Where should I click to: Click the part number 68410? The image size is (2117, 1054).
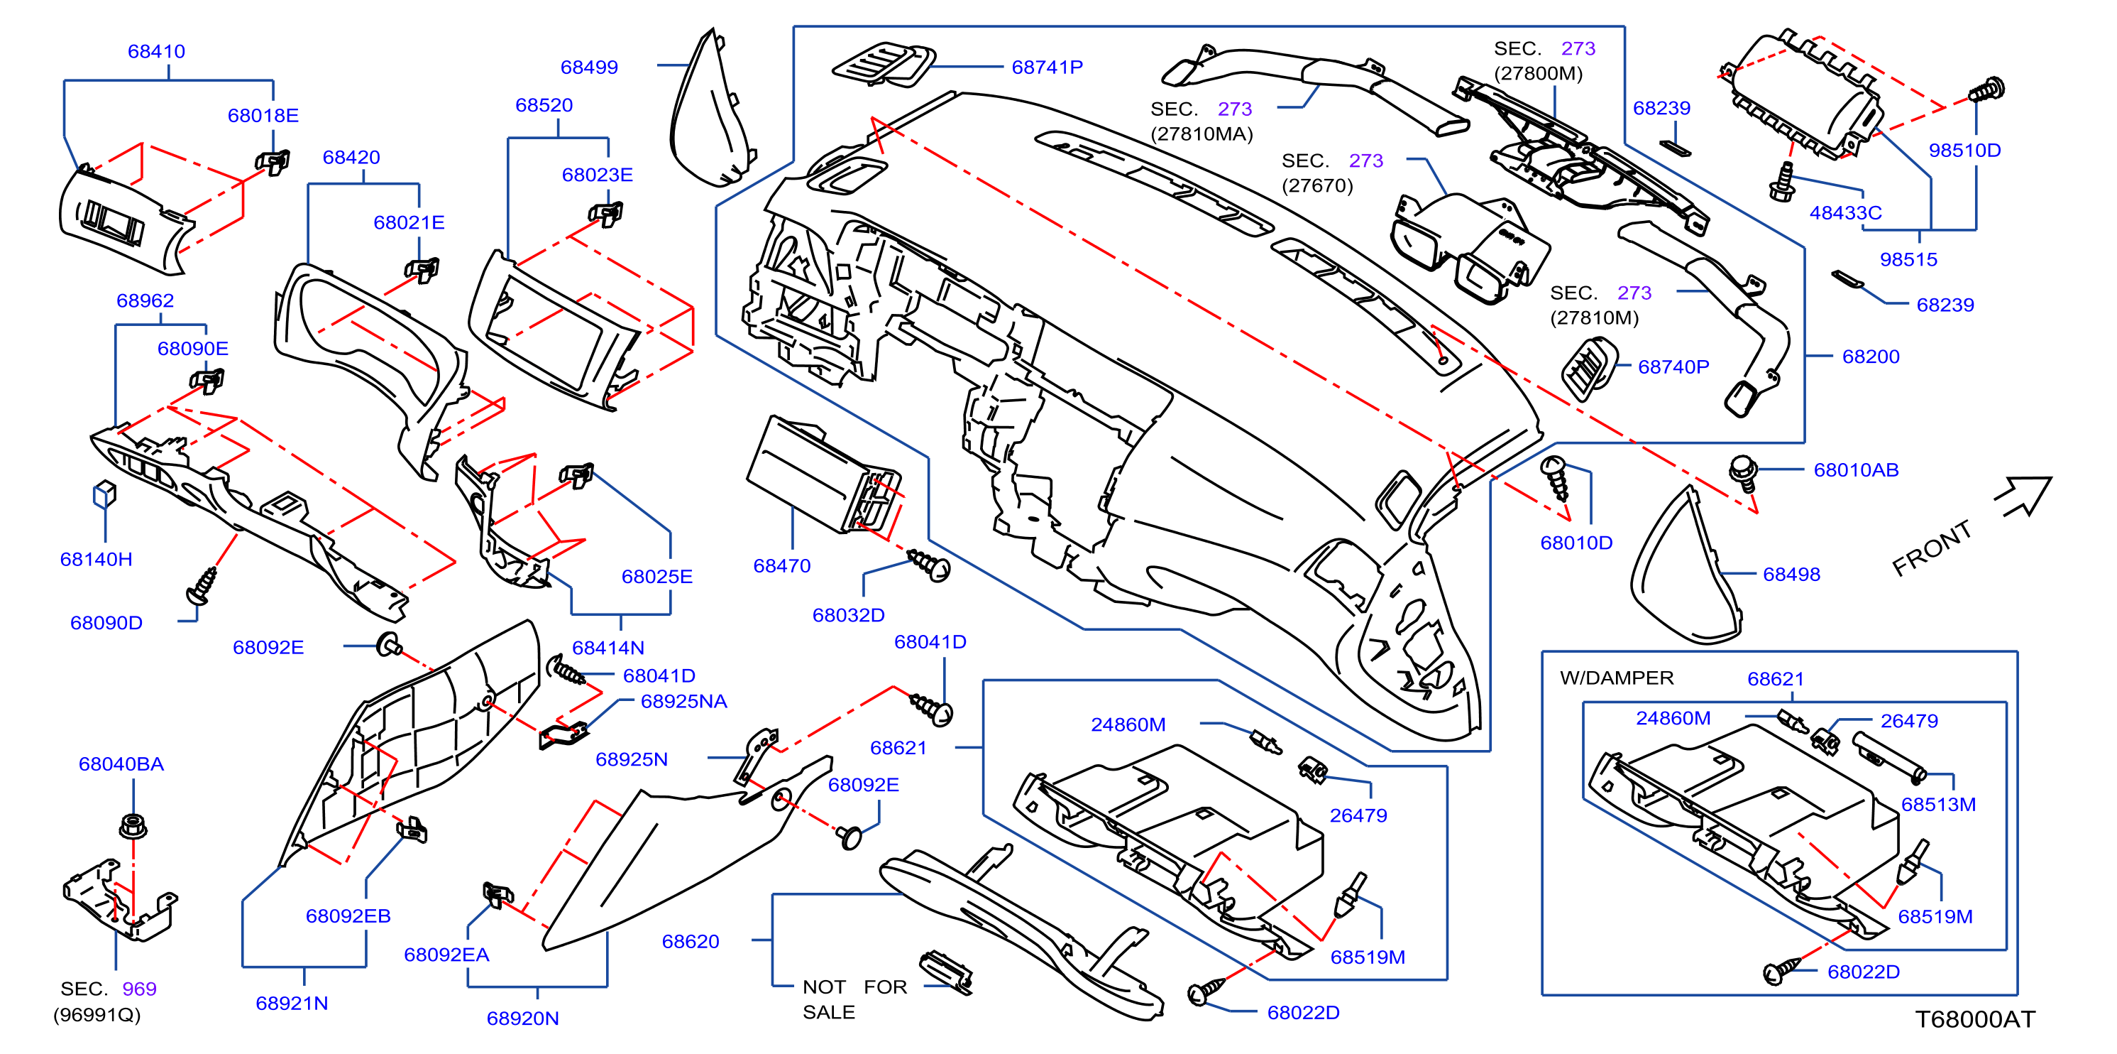(x=156, y=51)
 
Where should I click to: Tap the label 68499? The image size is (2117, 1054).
(x=588, y=67)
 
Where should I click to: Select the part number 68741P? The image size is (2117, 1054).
(x=1047, y=67)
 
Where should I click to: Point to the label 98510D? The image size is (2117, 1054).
(x=1964, y=151)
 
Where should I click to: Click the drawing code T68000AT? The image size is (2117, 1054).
(x=1975, y=1019)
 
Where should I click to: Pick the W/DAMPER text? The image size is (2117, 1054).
(x=1617, y=678)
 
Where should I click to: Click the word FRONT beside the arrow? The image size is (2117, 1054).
(x=1932, y=548)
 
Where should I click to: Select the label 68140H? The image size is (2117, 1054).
(x=96, y=560)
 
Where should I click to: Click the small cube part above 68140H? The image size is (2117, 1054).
(x=104, y=494)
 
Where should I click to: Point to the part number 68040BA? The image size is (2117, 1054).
(x=121, y=765)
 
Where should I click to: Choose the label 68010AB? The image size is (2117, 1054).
(x=1856, y=470)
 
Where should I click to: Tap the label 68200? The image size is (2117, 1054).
(x=1871, y=357)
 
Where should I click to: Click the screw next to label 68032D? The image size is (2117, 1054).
(x=930, y=565)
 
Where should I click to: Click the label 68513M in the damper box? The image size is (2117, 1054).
(x=1938, y=805)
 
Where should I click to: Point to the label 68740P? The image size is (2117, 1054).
(x=1673, y=367)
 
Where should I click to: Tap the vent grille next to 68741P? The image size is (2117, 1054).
(x=884, y=65)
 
